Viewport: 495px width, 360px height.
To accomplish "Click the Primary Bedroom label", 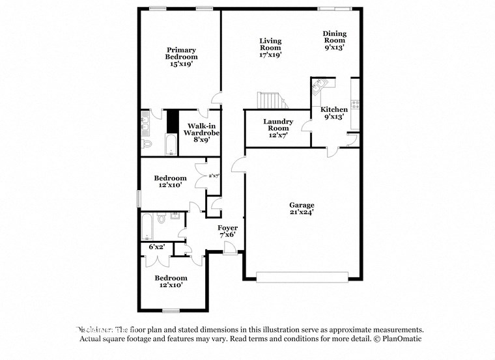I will pos(180,57).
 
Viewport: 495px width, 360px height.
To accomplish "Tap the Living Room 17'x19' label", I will pos(270,48).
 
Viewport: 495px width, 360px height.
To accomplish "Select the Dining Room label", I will pos(335,40).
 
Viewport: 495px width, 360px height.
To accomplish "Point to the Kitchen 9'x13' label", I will pos(334,113).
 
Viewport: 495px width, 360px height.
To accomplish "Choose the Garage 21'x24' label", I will pos(302,208).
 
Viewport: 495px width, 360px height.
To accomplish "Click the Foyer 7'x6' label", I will pos(227,231).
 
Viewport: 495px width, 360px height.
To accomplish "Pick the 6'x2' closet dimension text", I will pos(156,247).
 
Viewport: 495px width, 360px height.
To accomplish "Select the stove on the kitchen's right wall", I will pos(355,103).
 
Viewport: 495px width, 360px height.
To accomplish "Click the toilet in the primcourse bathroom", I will pos(147,143).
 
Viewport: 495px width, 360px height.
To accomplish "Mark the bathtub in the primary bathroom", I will pos(171,145).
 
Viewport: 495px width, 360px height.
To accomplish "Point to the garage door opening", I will pos(302,277).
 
